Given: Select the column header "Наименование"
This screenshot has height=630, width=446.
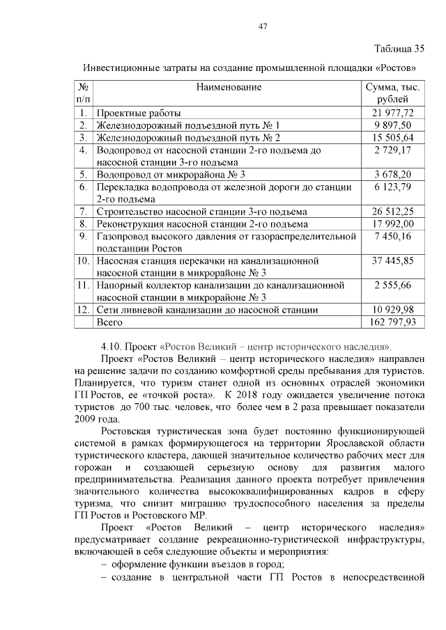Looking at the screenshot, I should tap(229, 87).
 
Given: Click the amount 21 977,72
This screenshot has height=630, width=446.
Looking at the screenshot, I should tap(393, 113).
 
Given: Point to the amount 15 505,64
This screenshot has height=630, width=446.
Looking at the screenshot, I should tap(393, 137).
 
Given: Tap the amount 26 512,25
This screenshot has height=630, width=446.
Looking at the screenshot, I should tap(393, 212).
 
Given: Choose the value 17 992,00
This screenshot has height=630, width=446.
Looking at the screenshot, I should tap(393, 224).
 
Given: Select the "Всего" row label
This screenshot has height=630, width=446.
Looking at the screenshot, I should tap(109, 322).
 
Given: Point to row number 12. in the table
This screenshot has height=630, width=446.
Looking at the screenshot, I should tap(83, 310).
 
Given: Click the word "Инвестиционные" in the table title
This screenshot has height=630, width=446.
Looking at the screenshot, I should tap(122, 68).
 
